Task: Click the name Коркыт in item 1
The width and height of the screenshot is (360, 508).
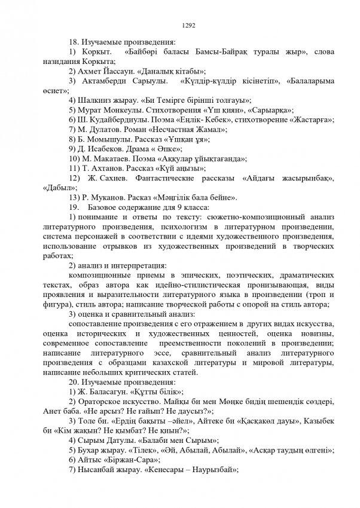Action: pos(94,53)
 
